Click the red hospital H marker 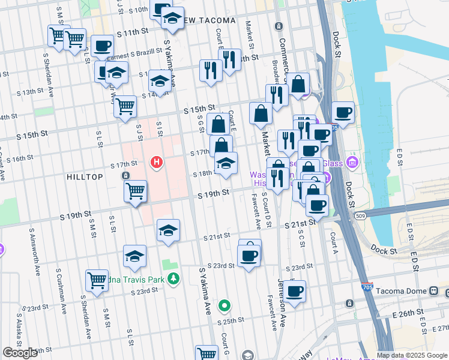point(157,162)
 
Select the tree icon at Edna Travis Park point(173,278)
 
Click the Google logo point(20,353)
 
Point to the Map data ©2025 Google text point(412,355)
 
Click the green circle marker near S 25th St point(224,306)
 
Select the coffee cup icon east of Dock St point(343,112)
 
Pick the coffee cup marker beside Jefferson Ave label point(294,292)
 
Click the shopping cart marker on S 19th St point(135,191)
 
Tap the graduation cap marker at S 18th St point(225,163)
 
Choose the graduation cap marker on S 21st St point(169,230)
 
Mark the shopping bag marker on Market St point(261,113)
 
